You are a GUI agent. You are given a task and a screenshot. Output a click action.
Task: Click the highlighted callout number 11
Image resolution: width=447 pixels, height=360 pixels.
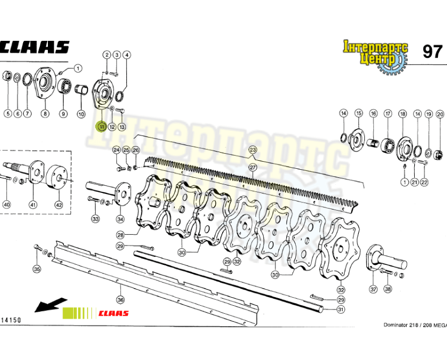[101, 127]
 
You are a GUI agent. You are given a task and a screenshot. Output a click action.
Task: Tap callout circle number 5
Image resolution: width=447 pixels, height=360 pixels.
[8, 113]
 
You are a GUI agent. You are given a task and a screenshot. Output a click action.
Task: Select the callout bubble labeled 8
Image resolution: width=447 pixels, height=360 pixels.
[45, 113]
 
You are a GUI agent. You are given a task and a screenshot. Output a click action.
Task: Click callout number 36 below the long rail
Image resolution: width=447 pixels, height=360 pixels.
[120, 300]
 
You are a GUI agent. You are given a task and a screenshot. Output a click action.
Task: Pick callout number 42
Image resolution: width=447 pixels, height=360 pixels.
[58, 205]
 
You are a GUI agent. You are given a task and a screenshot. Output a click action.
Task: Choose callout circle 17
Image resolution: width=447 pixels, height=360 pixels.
[387, 113]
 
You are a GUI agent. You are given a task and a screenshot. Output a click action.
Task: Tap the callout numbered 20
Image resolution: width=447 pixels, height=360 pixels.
[440, 113]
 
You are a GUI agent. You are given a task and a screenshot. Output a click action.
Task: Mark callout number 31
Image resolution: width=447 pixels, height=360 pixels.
[340, 309]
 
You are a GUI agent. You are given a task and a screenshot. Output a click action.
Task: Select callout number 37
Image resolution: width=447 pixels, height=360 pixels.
[373, 289]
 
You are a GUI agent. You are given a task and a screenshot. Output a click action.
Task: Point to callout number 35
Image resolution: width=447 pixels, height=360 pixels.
[37, 269]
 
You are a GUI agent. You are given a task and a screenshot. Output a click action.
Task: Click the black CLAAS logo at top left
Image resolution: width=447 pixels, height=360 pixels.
[34, 47]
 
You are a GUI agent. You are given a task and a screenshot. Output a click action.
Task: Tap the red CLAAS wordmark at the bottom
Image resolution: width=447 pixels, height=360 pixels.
[113, 313]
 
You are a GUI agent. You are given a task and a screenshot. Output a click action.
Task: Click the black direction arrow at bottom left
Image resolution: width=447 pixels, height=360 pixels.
[50, 305]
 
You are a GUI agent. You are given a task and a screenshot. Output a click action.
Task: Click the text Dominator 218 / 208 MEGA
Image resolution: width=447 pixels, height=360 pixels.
[414, 325]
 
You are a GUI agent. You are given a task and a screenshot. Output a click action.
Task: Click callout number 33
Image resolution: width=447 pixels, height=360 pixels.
[95, 219]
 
